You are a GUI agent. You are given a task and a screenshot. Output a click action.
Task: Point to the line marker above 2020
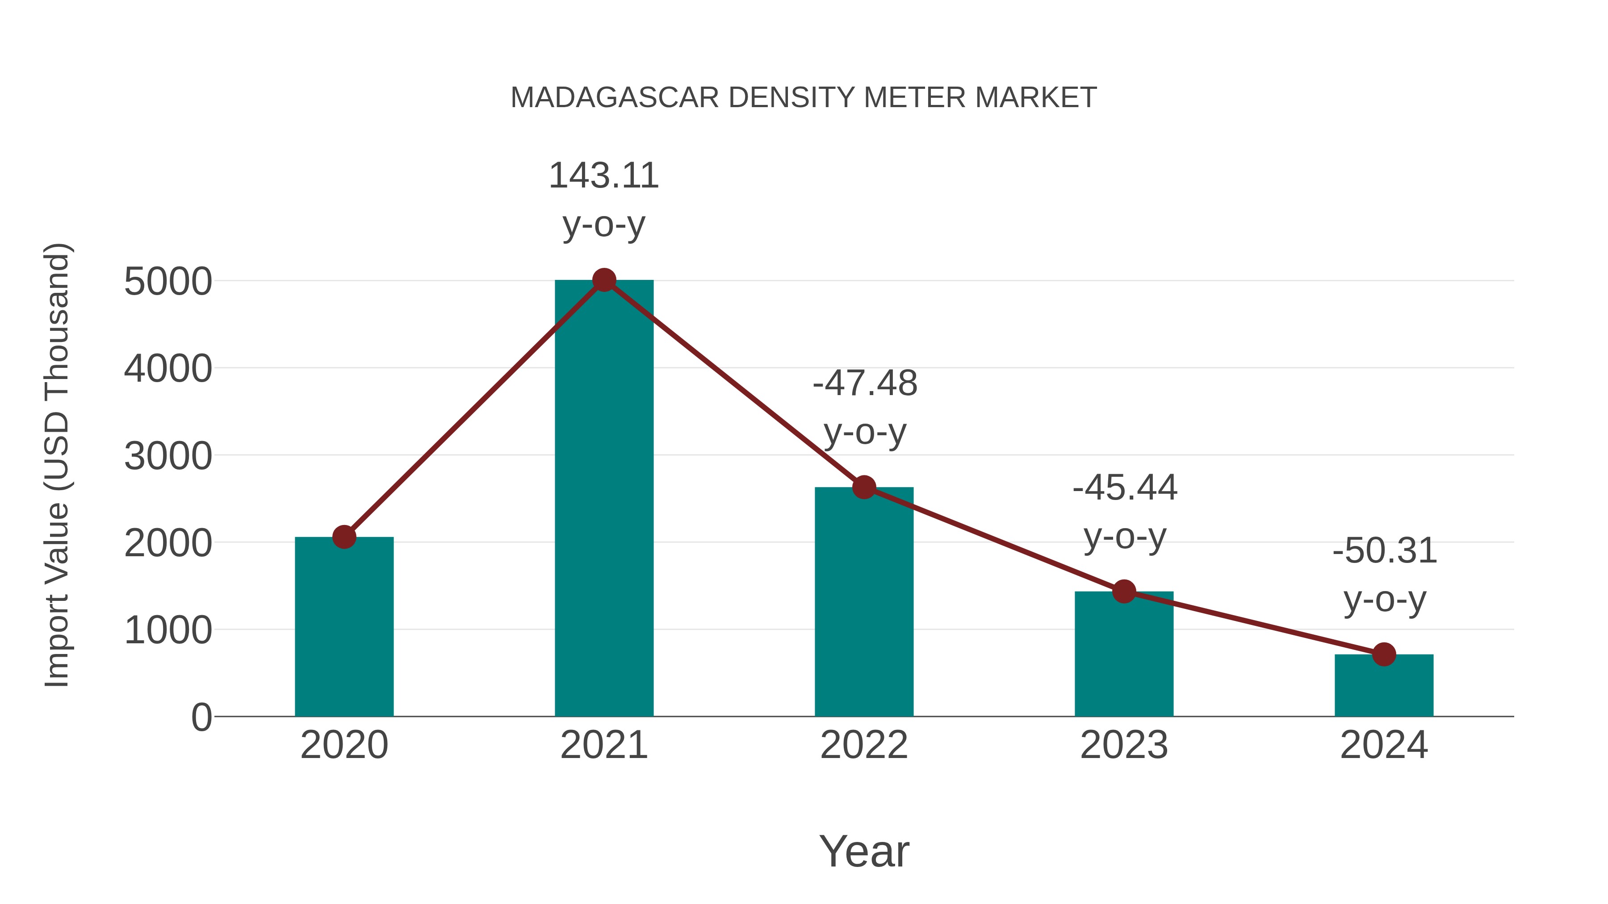pos(344,537)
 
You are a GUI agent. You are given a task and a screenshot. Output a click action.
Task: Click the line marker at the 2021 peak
pos(603,280)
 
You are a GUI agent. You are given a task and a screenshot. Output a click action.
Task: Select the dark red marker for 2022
pos(864,487)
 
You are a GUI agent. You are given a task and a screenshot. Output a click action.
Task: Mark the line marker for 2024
pos(1384,654)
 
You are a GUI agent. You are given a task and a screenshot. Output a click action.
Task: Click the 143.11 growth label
pos(603,176)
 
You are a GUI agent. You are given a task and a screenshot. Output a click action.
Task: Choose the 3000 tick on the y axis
pos(168,456)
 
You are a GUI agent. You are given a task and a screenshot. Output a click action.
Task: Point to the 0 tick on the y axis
pos(201,717)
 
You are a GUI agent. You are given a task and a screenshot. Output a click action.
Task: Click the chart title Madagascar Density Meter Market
pos(804,98)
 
